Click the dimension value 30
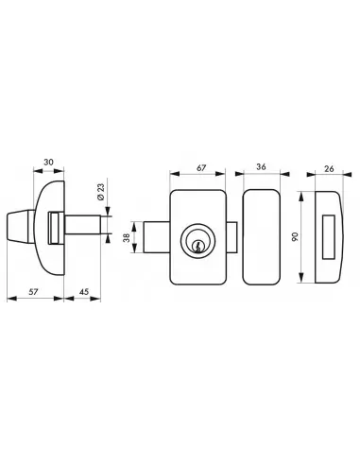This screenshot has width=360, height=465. [x=48, y=163]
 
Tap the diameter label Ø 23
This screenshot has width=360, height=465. [x=101, y=192]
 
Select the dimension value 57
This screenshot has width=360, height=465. [x=33, y=292]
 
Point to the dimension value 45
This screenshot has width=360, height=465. [x=84, y=292]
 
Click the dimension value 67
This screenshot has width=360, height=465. [x=201, y=168]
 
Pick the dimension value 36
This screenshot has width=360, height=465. [x=261, y=166]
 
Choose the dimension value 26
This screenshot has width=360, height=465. [x=329, y=168]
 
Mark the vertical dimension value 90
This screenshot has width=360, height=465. [x=295, y=237]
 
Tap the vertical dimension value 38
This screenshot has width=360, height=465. [x=127, y=237]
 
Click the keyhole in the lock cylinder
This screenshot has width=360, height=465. [x=197, y=247]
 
